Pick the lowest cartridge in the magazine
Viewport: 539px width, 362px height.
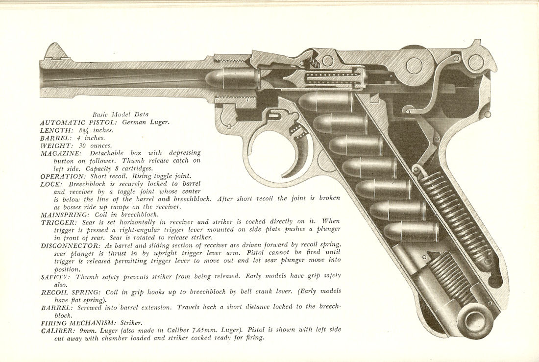tap(411, 231)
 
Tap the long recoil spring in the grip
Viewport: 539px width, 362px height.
tap(456, 220)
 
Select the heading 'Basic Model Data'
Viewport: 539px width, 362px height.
tap(121, 115)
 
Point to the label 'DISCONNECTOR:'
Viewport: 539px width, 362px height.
tap(70, 246)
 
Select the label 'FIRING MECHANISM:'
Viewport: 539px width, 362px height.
tap(79, 323)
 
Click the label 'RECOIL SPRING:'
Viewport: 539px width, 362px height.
tap(71, 292)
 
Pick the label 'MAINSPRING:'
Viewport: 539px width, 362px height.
tap(65, 215)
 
